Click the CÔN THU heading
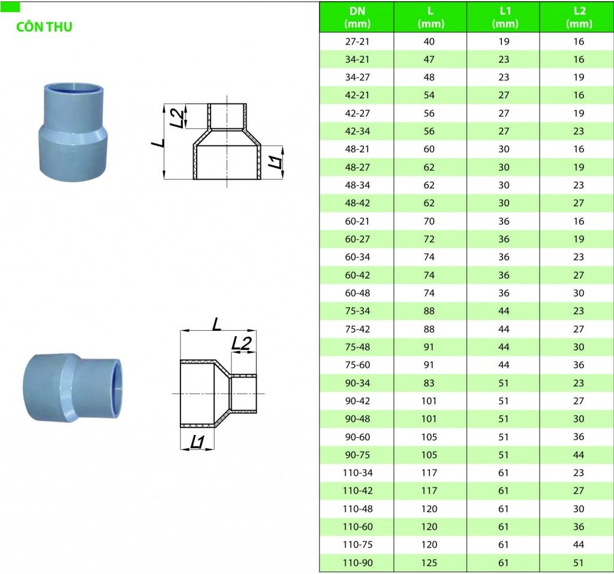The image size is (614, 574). coord(44,26)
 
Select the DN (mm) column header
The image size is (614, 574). coord(357,17)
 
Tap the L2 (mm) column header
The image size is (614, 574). coord(579,17)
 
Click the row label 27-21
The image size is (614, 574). coord(357,41)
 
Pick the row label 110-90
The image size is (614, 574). coord(357,563)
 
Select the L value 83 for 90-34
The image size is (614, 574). coord(429,383)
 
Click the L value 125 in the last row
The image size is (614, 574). coord(429,563)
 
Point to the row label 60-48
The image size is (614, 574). coord(357,293)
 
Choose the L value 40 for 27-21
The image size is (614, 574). coord(429,41)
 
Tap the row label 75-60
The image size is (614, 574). coord(357,365)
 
